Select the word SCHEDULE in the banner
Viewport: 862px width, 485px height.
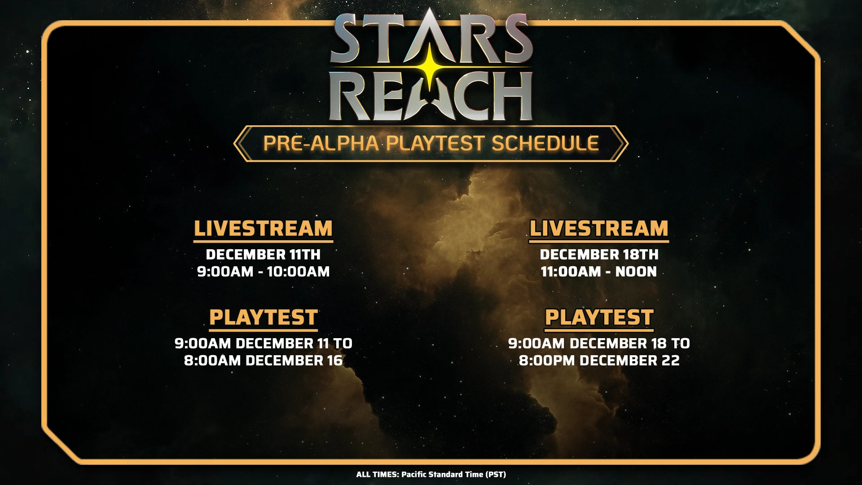(545, 143)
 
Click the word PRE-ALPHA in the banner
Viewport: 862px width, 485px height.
(321, 143)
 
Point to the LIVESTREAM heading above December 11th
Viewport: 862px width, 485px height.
(263, 229)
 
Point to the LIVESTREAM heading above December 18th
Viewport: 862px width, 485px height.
(599, 229)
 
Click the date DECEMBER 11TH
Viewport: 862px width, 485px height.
(263, 255)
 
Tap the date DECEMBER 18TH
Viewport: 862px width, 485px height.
(599, 255)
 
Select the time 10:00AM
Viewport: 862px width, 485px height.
(299, 272)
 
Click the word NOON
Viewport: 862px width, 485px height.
(636, 272)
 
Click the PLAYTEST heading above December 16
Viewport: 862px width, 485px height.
(264, 317)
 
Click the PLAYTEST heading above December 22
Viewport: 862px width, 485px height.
(599, 317)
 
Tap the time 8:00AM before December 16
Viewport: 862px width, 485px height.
(212, 361)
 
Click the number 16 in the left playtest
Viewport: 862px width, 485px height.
(334, 361)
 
